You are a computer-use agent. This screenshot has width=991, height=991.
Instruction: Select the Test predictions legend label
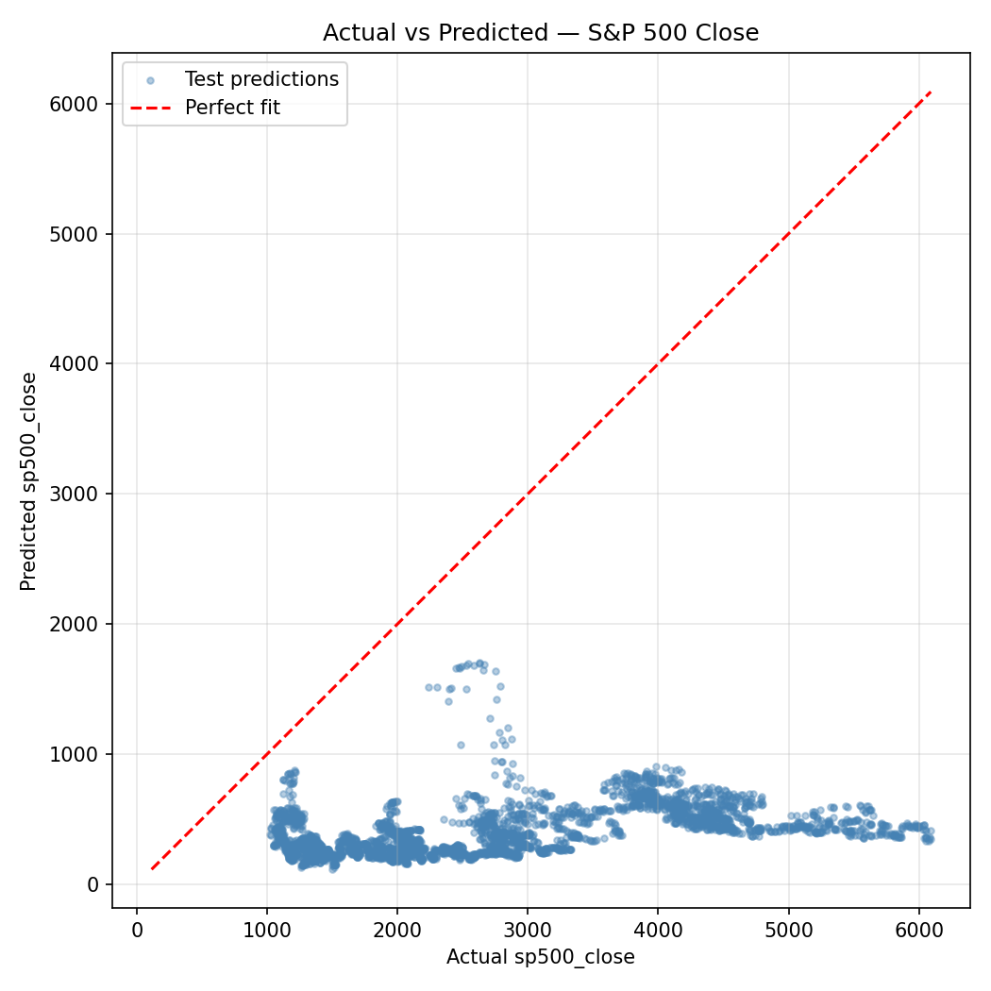point(261,79)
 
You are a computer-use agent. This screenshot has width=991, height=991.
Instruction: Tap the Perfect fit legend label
point(232,108)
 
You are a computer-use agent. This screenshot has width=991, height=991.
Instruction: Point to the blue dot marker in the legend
point(150,79)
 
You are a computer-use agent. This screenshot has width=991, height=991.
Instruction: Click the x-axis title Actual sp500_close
point(541,957)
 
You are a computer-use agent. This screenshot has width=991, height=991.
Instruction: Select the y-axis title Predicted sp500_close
point(29,481)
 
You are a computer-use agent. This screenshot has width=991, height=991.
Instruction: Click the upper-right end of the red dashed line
point(931,92)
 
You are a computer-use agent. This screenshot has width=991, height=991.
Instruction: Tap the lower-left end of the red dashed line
point(152,868)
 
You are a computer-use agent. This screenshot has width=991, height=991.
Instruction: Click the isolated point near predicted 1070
point(461,745)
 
